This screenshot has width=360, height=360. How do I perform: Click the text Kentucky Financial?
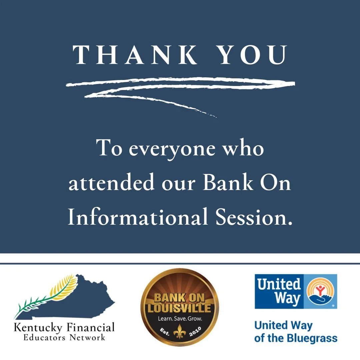[64, 327]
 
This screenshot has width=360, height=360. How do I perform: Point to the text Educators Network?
[64, 337]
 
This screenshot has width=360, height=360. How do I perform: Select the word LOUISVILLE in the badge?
[180, 308]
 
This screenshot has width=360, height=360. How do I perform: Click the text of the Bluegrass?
[296, 338]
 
